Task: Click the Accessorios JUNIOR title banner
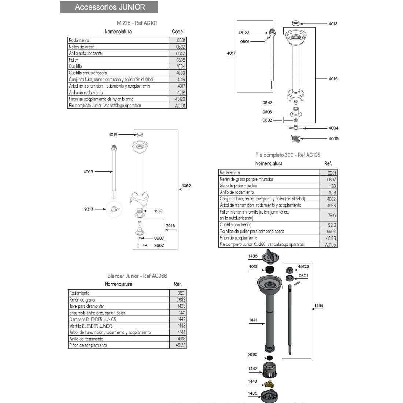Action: click(110, 7)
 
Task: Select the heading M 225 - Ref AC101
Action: click(137, 23)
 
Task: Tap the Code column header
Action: click(177, 32)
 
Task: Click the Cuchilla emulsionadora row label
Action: click(88, 73)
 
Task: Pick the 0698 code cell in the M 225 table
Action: click(180, 60)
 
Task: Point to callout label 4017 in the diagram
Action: click(231, 53)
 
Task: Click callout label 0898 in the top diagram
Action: click(267, 112)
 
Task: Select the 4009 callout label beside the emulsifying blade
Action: click(333, 139)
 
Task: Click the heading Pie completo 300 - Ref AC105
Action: click(288, 155)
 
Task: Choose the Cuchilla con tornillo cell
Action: click(236, 225)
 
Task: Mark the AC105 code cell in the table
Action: click(330, 245)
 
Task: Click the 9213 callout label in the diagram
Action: click(88, 209)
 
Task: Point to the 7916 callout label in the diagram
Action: click(170, 226)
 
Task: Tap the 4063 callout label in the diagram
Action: click(88, 171)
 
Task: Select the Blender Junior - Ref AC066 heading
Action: click(137, 276)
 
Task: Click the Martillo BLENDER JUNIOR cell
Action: click(90, 326)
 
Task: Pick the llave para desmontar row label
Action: click(86, 306)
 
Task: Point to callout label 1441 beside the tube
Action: click(253, 320)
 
